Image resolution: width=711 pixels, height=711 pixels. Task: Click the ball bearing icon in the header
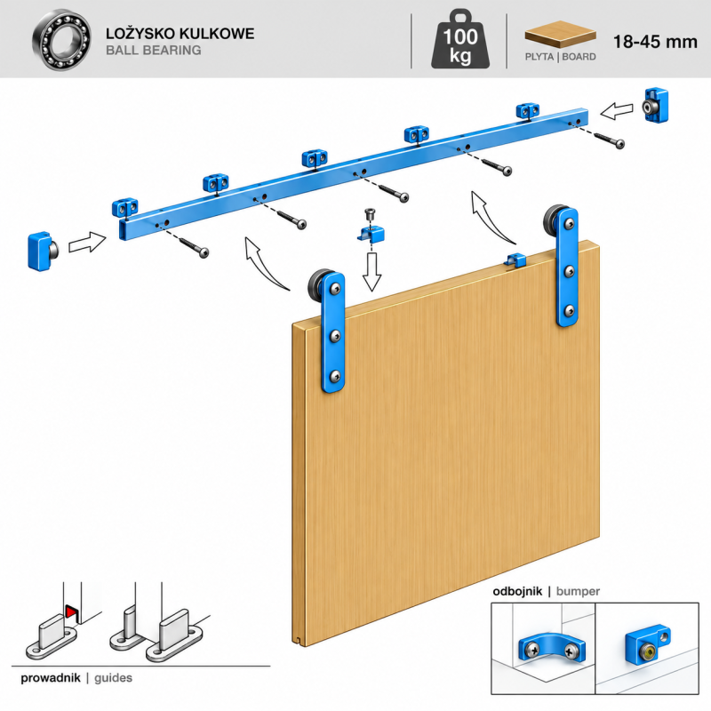click(61, 40)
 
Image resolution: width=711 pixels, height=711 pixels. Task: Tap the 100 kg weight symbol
click(460, 40)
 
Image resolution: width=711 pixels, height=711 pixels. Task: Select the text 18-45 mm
click(655, 42)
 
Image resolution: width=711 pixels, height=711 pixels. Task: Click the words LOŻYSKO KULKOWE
click(180, 33)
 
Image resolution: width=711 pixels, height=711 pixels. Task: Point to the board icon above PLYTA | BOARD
click(561, 34)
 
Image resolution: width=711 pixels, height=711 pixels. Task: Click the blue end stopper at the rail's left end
click(42, 252)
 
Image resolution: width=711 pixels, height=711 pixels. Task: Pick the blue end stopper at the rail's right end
click(656, 106)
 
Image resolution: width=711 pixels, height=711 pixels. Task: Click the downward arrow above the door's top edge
click(371, 272)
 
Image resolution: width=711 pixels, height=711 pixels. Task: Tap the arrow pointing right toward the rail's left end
click(87, 242)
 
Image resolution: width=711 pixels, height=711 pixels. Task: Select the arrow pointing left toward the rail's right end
click(616, 110)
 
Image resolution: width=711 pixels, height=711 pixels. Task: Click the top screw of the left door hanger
click(335, 288)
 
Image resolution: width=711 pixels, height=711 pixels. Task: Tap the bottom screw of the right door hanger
click(570, 311)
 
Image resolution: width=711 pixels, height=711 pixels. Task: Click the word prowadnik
click(51, 678)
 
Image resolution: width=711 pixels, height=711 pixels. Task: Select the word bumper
click(578, 591)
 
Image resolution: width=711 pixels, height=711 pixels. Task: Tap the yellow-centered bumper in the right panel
click(647, 644)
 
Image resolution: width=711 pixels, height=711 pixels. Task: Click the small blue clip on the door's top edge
click(515, 260)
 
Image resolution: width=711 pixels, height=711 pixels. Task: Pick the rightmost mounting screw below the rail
click(609, 140)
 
